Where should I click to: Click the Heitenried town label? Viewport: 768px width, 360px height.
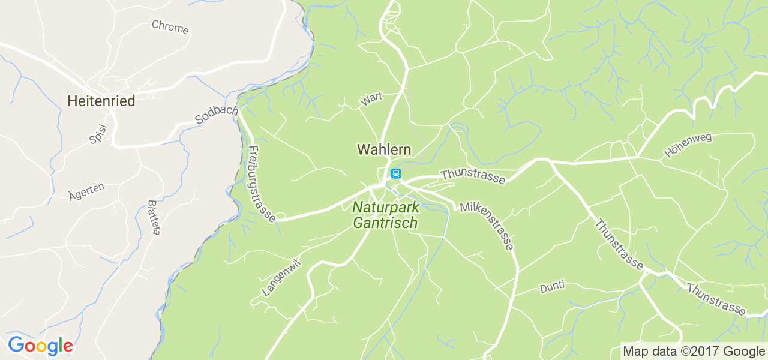pyautogui.click(x=101, y=101)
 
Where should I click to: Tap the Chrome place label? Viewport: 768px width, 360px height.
pyautogui.click(x=170, y=27)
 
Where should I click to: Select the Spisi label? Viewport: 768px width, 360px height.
pyautogui.click(x=98, y=134)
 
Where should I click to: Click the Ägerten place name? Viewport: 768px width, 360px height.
pyautogui.click(x=86, y=190)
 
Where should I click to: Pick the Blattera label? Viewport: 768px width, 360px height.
pyautogui.click(x=154, y=217)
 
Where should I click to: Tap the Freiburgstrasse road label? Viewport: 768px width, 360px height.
pyautogui.click(x=262, y=184)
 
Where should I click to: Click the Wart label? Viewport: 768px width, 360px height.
pyautogui.click(x=371, y=100)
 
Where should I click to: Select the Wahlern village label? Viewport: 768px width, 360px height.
pyautogui.click(x=384, y=149)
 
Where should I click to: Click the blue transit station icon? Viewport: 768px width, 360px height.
pyautogui.click(x=395, y=174)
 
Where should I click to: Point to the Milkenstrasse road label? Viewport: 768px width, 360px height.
pyautogui.click(x=487, y=226)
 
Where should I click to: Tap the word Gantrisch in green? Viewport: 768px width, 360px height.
pyautogui.click(x=385, y=223)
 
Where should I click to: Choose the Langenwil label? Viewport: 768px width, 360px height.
pyautogui.click(x=281, y=278)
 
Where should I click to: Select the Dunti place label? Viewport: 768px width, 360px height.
pyautogui.click(x=552, y=287)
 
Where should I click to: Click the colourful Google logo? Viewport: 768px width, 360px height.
pyautogui.click(x=40, y=346)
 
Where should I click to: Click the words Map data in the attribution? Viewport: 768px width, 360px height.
pyautogui.click(x=650, y=352)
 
